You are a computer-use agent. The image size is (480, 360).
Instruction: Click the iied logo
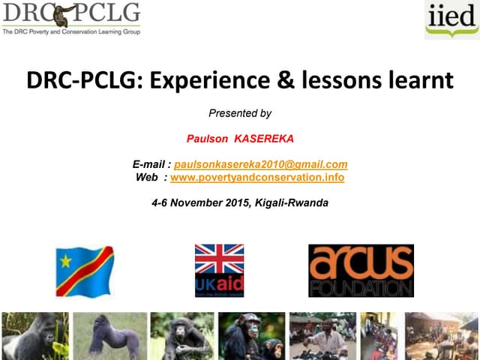click(451, 19)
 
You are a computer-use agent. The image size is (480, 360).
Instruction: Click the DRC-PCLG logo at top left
click(70, 13)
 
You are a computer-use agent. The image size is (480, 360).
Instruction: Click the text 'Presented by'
click(239, 114)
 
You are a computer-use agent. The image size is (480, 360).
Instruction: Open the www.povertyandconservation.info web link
click(257, 177)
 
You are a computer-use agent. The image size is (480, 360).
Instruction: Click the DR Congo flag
click(85, 271)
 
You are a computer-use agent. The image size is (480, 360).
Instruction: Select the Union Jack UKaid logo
click(219, 270)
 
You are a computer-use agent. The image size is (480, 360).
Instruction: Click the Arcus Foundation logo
click(361, 270)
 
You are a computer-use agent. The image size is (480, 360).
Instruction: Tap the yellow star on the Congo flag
click(66, 261)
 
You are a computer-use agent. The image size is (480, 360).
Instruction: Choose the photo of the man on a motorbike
click(322, 336)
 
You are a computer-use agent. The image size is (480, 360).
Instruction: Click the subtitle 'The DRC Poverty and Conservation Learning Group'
click(71, 31)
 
